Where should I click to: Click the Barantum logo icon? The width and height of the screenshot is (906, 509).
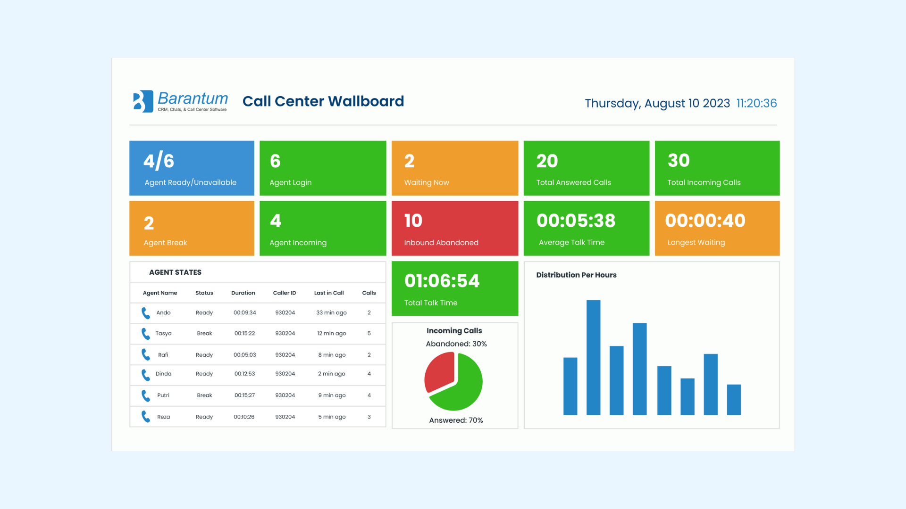click(143, 101)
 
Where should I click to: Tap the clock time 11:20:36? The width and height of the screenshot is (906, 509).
click(756, 103)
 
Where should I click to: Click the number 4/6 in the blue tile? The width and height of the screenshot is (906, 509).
click(159, 161)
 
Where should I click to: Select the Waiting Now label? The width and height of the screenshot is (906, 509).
click(427, 182)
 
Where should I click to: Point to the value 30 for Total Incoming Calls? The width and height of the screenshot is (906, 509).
click(679, 161)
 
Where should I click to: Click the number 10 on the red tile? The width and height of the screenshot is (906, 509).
click(413, 221)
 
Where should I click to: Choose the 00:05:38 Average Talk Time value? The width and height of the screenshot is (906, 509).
click(576, 221)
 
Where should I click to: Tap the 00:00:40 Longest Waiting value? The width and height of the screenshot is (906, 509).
click(705, 221)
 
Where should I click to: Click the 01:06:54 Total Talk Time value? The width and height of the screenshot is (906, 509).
click(442, 281)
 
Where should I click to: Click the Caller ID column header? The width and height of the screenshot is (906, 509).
click(285, 293)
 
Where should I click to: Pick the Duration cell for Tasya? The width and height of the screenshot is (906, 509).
click(244, 333)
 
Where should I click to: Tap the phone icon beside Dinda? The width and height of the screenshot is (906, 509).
click(146, 375)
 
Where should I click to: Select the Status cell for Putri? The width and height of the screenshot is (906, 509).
click(204, 395)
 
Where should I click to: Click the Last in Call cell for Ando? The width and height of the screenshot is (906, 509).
click(331, 312)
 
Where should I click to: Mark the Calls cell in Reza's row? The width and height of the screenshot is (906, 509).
click(369, 417)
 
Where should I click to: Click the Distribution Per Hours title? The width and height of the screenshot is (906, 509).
click(576, 275)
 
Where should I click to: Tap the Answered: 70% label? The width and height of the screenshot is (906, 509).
click(456, 420)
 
